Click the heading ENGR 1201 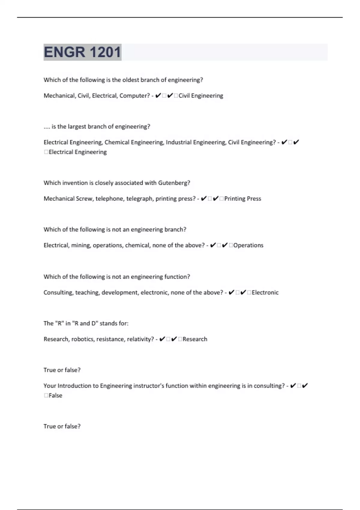tap(82, 52)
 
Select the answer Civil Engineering tap(201, 96)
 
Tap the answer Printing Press tap(242, 199)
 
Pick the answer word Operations tap(248, 245)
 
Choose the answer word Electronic tap(265, 292)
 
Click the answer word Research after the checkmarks tap(195, 339)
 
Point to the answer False tap(55, 396)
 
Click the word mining tap(81, 245)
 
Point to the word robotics tap(82, 339)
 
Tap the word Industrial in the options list tap(178, 142)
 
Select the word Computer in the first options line tap(134, 96)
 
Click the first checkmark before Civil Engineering tap(158, 96)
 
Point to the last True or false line tap(62, 426)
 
